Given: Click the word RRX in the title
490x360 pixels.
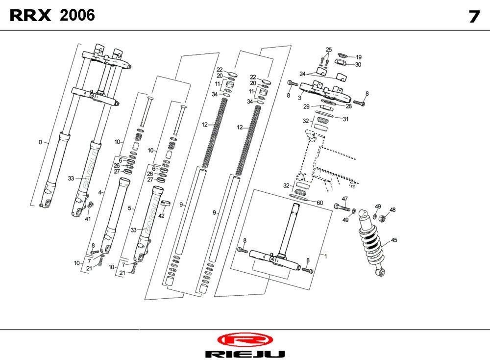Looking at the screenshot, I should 30,16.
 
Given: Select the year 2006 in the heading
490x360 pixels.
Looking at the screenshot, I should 77,16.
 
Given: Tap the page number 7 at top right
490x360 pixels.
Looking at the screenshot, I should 473,17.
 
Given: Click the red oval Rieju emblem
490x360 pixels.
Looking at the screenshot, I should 244,340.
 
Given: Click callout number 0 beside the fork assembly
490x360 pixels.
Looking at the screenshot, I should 40,142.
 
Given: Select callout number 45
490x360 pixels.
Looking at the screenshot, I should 393,240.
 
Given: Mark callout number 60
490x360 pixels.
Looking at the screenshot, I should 319,203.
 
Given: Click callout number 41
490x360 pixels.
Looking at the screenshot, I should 88,219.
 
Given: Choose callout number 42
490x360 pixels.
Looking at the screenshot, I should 161,216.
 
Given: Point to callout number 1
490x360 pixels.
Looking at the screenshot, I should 322,256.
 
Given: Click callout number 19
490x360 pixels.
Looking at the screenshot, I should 358,57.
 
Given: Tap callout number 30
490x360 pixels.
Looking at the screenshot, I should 358,64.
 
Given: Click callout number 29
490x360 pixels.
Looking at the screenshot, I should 306,106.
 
